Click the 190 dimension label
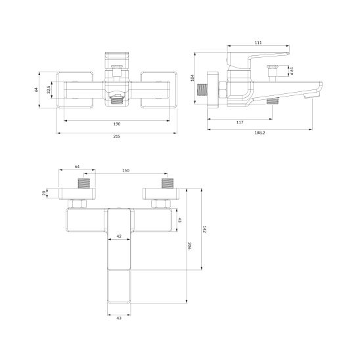(117, 124)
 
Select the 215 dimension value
(117, 137)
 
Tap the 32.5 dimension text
(49, 89)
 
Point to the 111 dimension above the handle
(258, 43)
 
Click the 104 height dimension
(192, 78)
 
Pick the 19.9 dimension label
(291, 71)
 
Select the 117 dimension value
(240, 123)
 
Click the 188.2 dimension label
(259, 133)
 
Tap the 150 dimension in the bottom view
(125, 171)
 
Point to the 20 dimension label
(44, 193)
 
